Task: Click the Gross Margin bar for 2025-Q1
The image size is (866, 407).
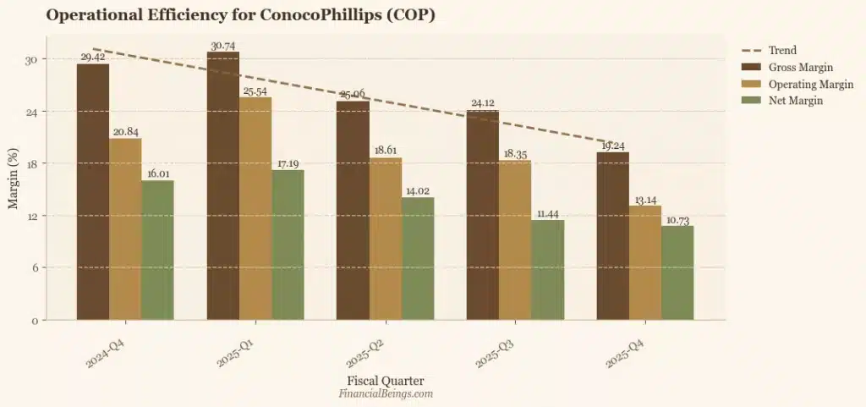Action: (223, 186)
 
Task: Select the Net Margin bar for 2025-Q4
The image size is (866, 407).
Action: (677, 272)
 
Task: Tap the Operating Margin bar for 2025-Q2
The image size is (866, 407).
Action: (386, 239)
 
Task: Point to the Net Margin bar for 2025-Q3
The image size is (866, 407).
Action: (547, 270)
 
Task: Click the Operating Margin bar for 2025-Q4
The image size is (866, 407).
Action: (645, 262)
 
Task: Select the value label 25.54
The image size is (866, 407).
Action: (255, 91)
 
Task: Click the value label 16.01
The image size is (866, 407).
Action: (158, 173)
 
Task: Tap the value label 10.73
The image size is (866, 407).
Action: (677, 219)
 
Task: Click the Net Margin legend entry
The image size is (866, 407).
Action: (795, 101)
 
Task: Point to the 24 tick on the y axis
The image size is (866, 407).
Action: (33, 112)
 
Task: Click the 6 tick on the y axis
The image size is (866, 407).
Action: (36, 268)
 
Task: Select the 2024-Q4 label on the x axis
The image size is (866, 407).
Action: (107, 350)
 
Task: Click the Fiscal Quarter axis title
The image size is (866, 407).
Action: (386, 381)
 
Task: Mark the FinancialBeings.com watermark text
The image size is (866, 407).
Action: (386, 393)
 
